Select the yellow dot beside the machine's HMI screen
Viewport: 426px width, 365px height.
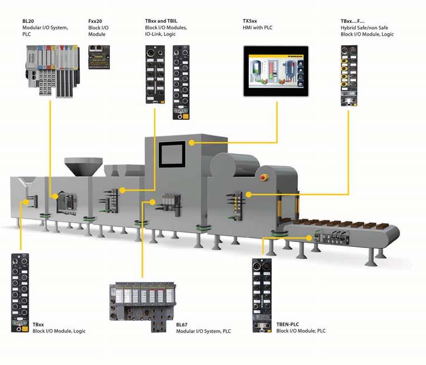(191, 143)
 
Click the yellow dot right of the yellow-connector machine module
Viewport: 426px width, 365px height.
(249, 194)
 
